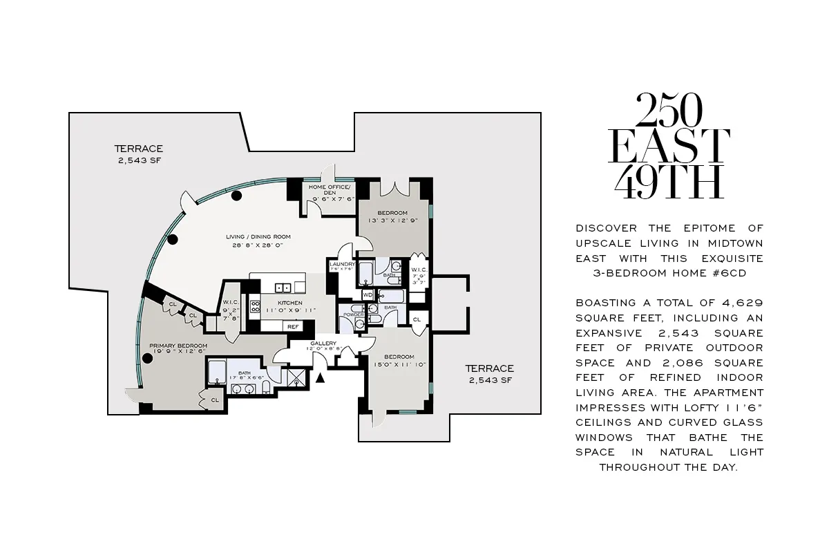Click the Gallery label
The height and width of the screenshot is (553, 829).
323,344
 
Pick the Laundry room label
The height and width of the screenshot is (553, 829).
342,264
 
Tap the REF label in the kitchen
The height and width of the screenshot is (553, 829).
293,326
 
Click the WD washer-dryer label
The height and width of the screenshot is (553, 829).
367,294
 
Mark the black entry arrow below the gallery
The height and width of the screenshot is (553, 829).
319,377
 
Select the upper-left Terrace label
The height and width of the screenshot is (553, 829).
138,149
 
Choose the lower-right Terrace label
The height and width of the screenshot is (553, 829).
489,368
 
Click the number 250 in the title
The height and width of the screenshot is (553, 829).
669,111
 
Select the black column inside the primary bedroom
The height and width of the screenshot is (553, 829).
147,358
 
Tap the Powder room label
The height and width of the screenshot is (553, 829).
353,315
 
